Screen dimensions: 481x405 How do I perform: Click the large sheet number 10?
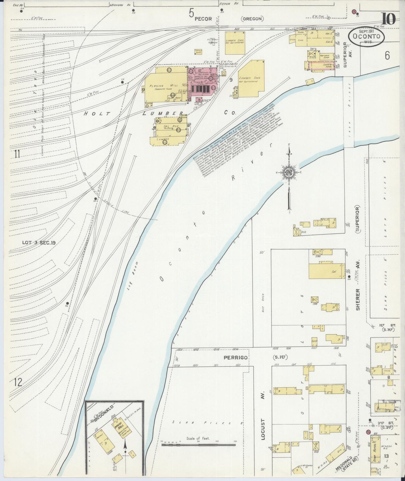(388, 19)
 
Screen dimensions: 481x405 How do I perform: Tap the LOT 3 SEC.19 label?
(39, 243)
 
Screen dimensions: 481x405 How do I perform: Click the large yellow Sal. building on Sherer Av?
(326, 271)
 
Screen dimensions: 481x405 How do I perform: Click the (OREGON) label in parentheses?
(252, 19)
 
